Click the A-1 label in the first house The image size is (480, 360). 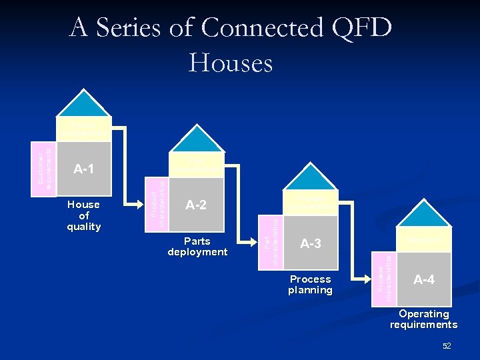(x=83, y=169)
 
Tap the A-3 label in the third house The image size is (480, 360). (x=310, y=244)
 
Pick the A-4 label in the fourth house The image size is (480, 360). (x=424, y=280)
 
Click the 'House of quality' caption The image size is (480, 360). (x=83, y=215)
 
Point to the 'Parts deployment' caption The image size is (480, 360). (x=197, y=247)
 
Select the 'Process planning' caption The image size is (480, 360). (x=310, y=285)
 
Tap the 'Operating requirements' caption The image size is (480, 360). (x=424, y=319)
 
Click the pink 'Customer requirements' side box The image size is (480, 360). (x=45, y=169)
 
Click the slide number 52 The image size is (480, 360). (x=447, y=345)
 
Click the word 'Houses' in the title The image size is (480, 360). (x=231, y=63)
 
